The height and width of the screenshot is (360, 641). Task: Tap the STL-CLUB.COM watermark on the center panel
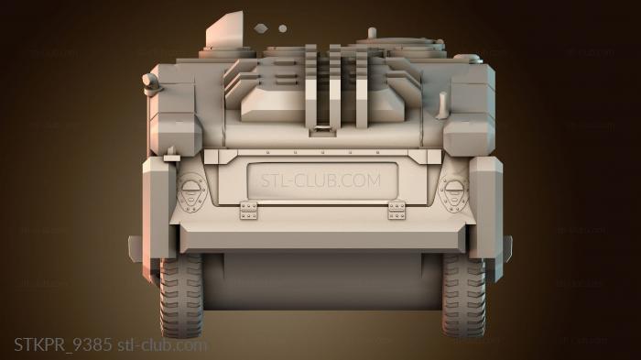point(320,180)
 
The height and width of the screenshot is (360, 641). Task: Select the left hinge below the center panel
point(248,211)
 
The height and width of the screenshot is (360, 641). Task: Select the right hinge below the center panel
point(397,211)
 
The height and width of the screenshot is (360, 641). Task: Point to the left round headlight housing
point(191,192)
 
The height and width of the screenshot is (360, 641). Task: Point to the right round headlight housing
point(454,192)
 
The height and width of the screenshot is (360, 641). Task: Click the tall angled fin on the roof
point(225,29)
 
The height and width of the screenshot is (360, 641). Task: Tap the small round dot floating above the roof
point(282,28)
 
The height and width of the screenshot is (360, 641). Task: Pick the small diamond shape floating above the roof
point(261,28)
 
